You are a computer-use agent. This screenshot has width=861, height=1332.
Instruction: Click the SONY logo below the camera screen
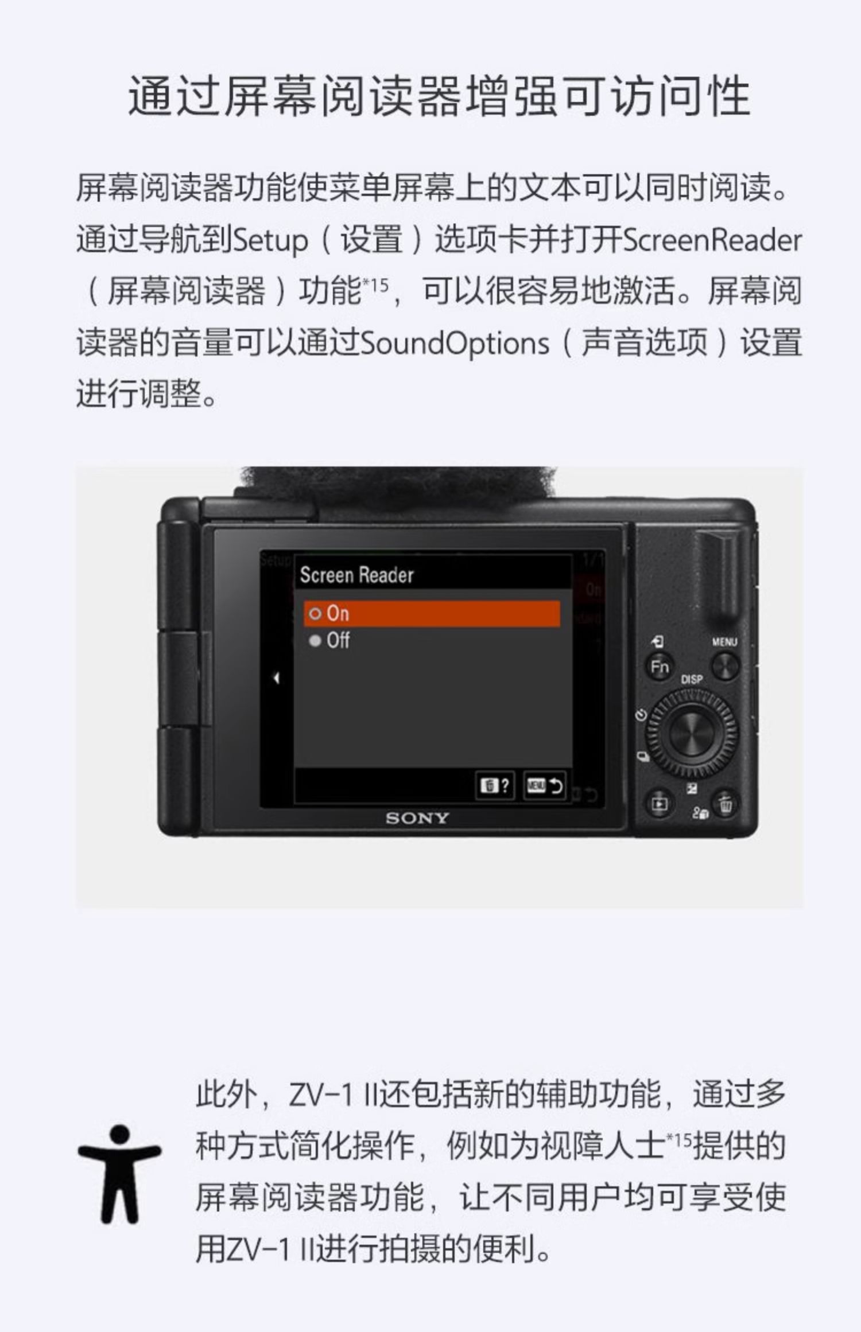tap(417, 818)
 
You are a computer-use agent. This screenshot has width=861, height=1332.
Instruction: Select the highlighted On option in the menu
tap(432, 614)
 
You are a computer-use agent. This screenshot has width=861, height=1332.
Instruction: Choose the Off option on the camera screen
tap(330, 640)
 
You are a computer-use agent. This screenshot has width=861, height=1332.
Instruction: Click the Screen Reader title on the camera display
tap(356, 575)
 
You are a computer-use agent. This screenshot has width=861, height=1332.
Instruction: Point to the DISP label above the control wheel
tap(691, 679)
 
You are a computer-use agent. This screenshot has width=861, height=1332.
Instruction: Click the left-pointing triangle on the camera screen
tap(276, 678)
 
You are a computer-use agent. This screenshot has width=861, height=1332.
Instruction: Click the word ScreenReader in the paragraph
tap(712, 240)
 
